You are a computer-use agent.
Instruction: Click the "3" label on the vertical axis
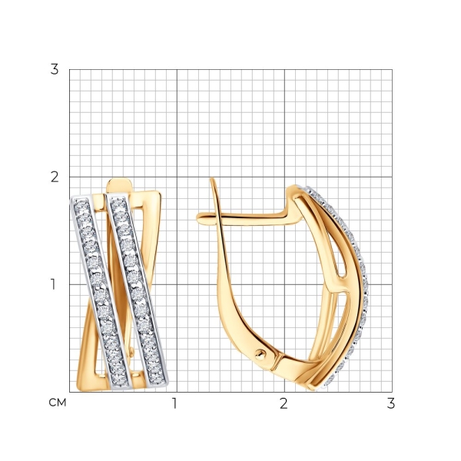pyautogui.click(x=55, y=70)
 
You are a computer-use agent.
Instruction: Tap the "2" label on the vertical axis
pyautogui.click(x=55, y=177)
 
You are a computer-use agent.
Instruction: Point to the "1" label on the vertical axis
pyautogui.click(x=53, y=284)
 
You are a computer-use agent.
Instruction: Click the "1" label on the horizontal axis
pyautogui.click(x=175, y=403)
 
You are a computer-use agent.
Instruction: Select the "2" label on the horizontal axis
pyautogui.click(x=284, y=403)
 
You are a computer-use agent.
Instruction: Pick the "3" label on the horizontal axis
pyautogui.click(x=391, y=403)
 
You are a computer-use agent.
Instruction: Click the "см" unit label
pyautogui.click(x=58, y=403)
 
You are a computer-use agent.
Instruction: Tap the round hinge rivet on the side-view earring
pyautogui.click(x=260, y=354)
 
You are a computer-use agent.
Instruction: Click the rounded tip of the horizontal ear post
pyautogui.click(x=198, y=218)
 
